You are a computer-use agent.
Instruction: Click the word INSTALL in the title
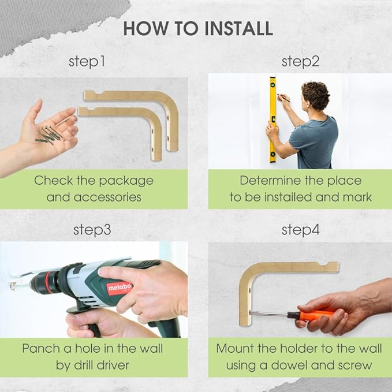click(239, 28)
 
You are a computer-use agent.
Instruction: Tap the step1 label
click(87, 62)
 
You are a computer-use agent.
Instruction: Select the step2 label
click(300, 62)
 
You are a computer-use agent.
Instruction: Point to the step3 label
click(92, 230)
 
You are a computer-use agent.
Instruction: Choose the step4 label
click(301, 230)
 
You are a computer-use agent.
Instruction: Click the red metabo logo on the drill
click(120, 288)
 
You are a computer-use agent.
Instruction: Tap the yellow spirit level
click(272, 120)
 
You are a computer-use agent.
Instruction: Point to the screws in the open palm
click(49, 135)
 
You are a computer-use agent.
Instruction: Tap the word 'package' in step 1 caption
click(126, 181)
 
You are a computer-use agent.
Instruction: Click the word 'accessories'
click(107, 197)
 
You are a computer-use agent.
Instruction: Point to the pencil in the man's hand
click(283, 98)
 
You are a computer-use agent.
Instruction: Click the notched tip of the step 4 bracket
click(334, 267)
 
